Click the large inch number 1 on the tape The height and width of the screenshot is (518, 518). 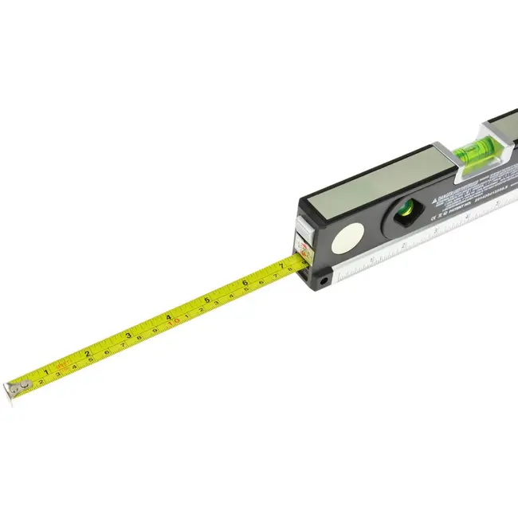(x=46, y=371)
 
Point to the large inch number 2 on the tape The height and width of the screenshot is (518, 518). (x=87, y=353)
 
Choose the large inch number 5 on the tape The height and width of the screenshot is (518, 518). (x=206, y=300)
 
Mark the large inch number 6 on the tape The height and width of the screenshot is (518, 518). (x=245, y=282)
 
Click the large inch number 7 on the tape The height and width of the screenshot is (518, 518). (x=281, y=266)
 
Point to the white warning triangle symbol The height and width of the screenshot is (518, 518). (x=438, y=199)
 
